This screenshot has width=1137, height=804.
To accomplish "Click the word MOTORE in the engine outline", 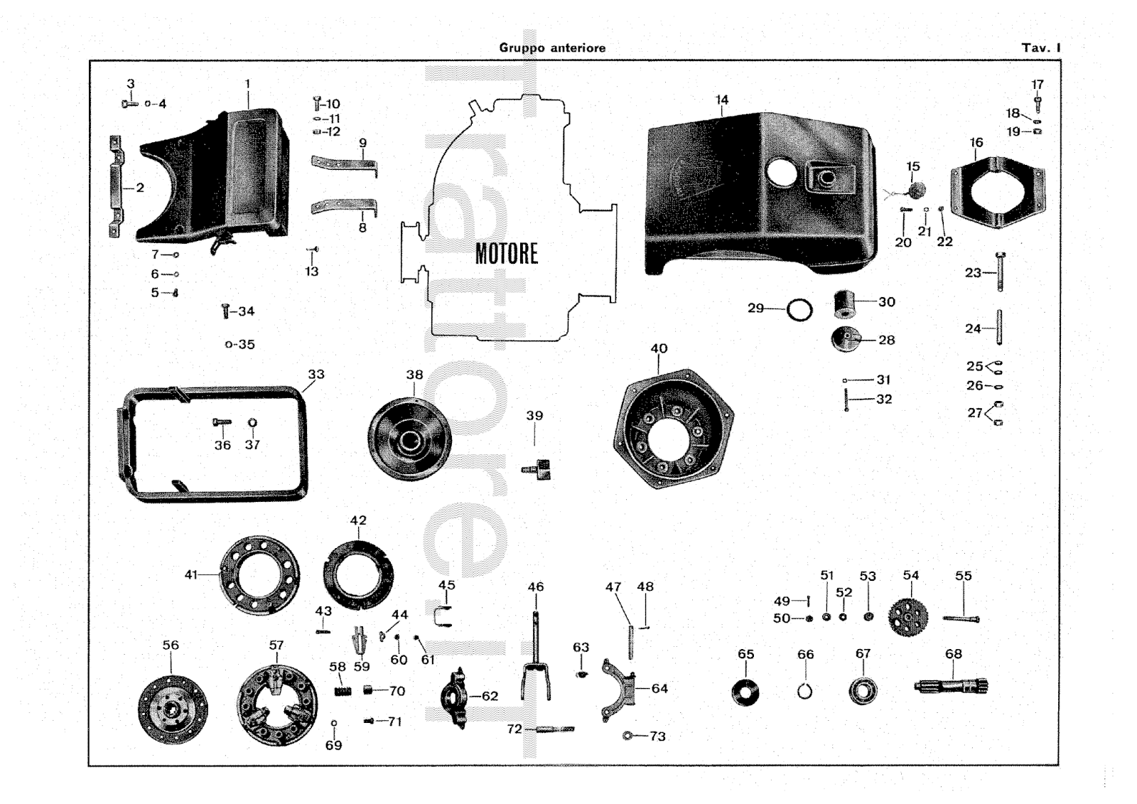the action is click(506, 254).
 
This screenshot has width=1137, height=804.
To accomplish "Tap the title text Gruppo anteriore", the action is click(552, 48).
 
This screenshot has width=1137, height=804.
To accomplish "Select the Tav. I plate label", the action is click(1041, 48).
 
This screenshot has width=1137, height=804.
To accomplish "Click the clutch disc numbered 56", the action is click(173, 709).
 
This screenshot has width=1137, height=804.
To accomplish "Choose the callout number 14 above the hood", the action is click(722, 100).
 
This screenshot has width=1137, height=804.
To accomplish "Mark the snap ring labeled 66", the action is click(804, 691).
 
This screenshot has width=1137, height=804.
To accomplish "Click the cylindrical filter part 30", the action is click(845, 304).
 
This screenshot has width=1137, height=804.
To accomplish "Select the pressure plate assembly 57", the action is click(277, 705).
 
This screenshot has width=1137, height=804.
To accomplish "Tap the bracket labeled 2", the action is click(115, 186).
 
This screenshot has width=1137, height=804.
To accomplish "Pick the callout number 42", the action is click(358, 520).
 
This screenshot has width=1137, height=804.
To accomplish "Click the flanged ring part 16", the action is click(998, 193).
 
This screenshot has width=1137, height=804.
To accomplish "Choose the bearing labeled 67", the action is click(863, 691).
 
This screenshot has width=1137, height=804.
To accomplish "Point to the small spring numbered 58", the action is click(344, 691).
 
